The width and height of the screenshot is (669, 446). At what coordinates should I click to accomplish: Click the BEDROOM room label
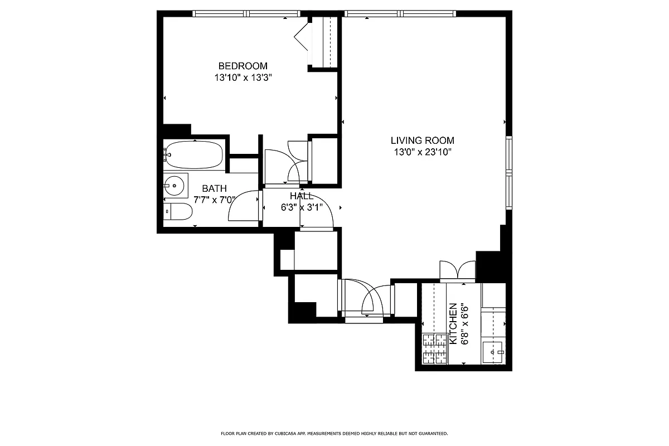click(243, 66)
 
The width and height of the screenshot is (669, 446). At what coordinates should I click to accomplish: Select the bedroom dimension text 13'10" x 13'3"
click(243, 78)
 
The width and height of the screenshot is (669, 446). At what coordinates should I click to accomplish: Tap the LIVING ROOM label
click(422, 140)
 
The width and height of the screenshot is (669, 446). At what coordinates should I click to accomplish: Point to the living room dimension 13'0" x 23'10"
click(422, 152)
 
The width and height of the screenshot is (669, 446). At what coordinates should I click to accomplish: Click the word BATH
click(214, 189)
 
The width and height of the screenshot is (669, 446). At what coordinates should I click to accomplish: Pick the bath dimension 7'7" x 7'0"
click(214, 200)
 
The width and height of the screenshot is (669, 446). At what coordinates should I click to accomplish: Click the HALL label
click(301, 196)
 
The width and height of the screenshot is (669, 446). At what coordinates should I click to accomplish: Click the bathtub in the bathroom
click(194, 154)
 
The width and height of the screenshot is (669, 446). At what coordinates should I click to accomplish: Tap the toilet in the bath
click(178, 212)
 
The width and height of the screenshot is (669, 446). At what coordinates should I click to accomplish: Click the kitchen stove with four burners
click(435, 348)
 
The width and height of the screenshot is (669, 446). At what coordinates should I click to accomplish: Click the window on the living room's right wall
click(508, 172)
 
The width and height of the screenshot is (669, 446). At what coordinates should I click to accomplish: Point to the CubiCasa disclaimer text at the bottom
click(334, 433)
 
